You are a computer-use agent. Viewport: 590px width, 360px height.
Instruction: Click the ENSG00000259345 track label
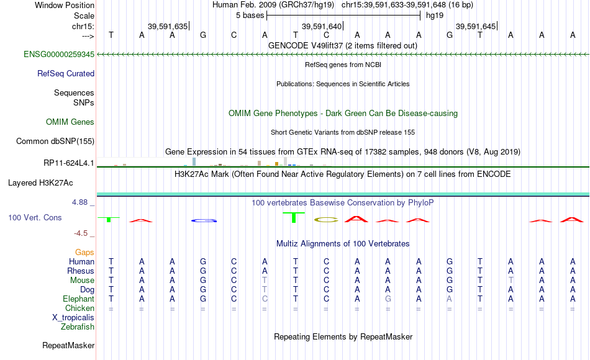[59, 54]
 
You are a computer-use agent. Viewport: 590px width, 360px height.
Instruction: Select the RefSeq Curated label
[66, 73]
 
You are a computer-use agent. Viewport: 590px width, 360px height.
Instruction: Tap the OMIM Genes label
[70, 122]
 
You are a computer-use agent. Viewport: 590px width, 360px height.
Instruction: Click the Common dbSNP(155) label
[55, 141]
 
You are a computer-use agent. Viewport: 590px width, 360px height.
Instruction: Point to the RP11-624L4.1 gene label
[69, 163]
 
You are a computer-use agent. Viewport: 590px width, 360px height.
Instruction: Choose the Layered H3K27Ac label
[40, 183]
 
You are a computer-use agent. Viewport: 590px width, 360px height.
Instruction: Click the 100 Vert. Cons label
[35, 217]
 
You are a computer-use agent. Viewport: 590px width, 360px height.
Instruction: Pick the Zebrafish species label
[78, 326]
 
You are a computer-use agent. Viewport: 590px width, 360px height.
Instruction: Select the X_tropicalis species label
[73, 317]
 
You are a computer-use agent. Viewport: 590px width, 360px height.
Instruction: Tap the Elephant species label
[79, 299]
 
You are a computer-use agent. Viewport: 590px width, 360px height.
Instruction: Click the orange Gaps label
[84, 252]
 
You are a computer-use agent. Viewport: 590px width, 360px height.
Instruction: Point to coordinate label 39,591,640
[322, 26]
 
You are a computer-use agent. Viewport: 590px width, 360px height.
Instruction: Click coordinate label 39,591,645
[476, 26]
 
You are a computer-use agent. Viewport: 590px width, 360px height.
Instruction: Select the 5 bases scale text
[250, 16]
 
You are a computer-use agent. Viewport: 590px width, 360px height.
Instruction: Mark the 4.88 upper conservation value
[79, 202]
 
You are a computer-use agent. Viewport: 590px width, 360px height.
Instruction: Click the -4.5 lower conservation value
[81, 233]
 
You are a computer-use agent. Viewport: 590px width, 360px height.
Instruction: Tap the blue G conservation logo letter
[204, 220]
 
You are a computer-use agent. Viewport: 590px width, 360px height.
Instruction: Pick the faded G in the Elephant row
[388, 299]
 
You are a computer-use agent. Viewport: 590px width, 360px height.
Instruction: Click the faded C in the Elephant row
[265, 299]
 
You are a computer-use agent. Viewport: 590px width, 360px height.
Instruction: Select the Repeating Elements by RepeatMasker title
[343, 336]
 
